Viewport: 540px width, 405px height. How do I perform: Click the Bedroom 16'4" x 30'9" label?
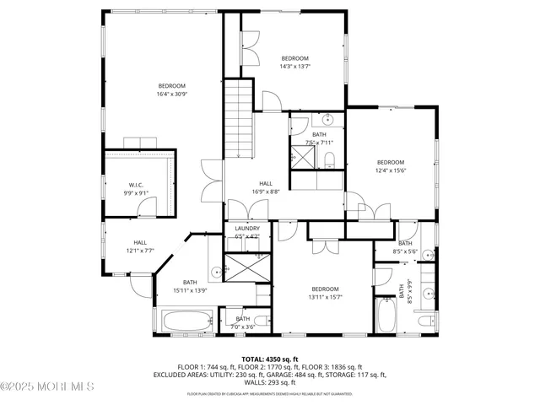click(172, 90)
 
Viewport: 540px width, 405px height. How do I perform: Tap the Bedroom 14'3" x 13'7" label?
click(294, 62)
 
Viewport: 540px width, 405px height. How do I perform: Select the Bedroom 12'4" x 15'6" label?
click(390, 166)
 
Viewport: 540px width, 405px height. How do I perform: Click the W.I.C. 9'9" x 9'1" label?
click(136, 189)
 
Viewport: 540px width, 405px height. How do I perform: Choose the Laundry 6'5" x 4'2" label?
click(246, 232)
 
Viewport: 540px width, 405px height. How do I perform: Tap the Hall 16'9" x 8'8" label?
click(265, 187)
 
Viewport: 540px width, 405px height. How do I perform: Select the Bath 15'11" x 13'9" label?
click(189, 286)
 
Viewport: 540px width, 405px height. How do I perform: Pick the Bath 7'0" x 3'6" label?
click(243, 322)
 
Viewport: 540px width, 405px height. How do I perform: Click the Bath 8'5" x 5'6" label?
click(405, 247)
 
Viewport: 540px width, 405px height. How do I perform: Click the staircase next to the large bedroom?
click(240, 119)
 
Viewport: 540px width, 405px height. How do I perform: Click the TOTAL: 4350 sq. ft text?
click(269, 359)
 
